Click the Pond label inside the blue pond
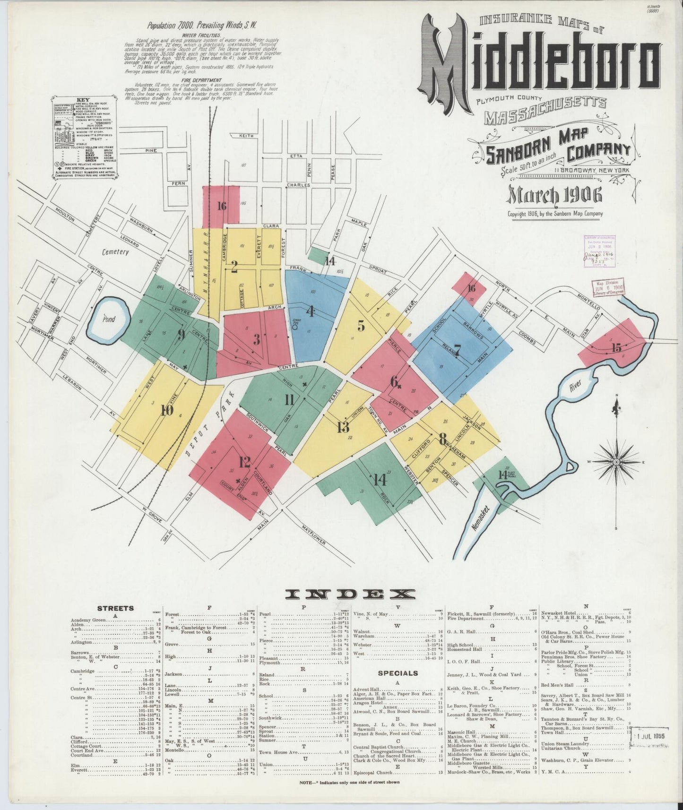click(109, 319)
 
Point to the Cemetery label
click(116, 252)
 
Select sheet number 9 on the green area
click(181, 334)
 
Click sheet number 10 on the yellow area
click(166, 410)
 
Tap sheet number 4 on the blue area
click(311, 311)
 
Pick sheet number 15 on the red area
click(616, 348)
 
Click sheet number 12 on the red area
click(244, 462)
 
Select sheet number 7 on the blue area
click(457, 350)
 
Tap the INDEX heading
click(351, 594)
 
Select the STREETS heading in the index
click(115, 608)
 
